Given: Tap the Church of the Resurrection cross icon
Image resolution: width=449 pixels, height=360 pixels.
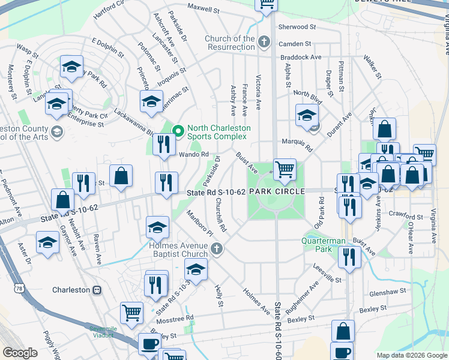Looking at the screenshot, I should point(264,43).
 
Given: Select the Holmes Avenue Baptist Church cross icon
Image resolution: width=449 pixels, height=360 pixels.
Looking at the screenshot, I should point(220,248).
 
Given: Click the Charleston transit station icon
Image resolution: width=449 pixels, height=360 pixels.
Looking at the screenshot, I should point(97,290).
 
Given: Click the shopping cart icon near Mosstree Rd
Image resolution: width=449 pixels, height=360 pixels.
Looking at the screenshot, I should point(131,311).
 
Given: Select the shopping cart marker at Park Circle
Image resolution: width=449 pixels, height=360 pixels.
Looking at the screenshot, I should point(284,168).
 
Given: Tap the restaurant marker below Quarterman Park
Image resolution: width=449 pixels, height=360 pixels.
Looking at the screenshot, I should point(349,256).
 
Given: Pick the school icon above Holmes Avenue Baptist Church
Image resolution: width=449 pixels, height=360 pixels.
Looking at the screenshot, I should point(157,226).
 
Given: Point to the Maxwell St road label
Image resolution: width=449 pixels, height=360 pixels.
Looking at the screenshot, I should point(203,9).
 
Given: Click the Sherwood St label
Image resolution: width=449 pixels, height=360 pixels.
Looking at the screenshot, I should point(297,27).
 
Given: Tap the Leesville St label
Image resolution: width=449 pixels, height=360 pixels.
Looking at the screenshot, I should point(327,280).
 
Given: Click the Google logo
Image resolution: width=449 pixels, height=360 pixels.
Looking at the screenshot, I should point(20,352).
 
